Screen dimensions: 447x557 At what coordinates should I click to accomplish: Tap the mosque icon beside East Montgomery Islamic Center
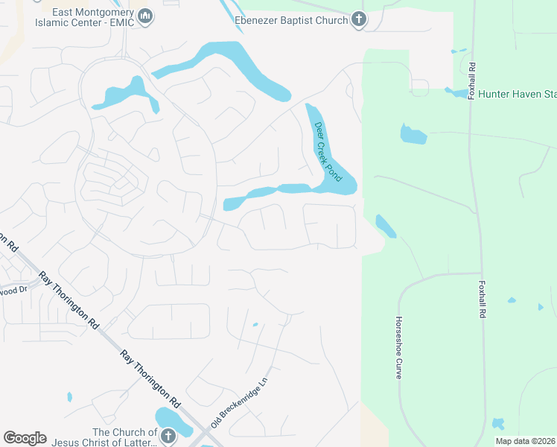[146, 15]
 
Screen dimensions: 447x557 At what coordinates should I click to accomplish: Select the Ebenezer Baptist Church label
[290, 20]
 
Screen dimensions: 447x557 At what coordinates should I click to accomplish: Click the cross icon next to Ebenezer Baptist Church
[359, 20]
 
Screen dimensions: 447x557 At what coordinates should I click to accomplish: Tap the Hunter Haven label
[517, 95]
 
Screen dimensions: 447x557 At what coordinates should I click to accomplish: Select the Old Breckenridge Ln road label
[239, 402]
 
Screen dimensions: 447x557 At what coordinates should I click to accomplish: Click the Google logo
[25, 438]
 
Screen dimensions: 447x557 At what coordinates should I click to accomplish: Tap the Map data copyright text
[525, 441]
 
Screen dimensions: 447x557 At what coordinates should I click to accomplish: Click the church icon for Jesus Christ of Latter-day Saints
[168, 436]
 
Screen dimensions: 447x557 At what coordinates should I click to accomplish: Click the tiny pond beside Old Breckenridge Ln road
[255, 324]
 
